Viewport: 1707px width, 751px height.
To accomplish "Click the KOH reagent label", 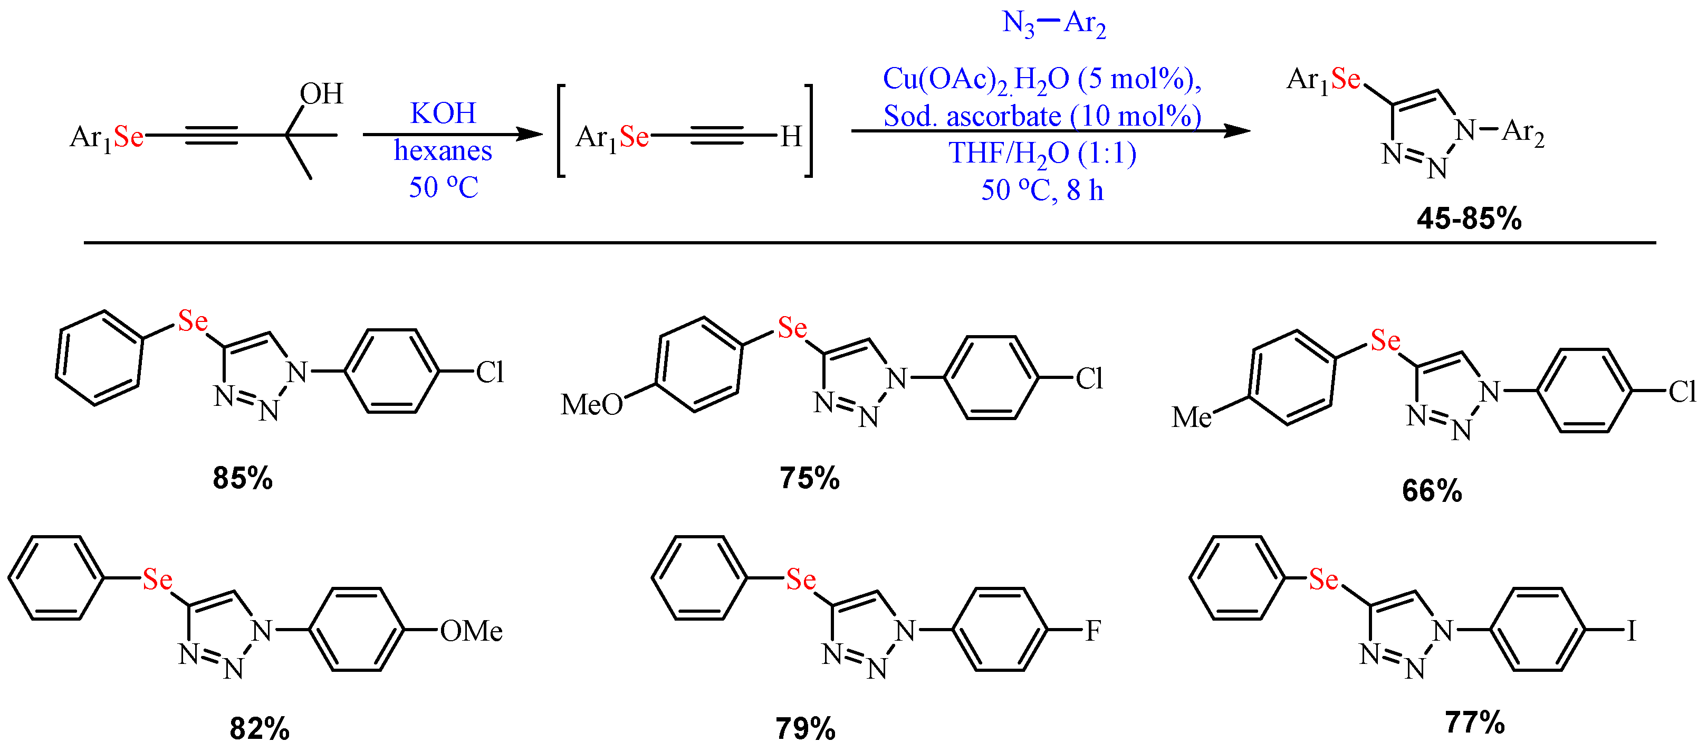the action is [x=443, y=113].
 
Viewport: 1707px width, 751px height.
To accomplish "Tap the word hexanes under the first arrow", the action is [x=443, y=151].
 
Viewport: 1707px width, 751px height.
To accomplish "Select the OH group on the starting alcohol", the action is [x=321, y=93].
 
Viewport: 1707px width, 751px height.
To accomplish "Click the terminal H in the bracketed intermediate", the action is [x=791, y=137].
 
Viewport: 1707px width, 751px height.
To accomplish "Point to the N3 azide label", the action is [x=1018, y=24].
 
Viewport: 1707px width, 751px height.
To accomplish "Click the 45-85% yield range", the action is [x=1469, y=218].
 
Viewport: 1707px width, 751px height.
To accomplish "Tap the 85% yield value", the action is [x=243, y=478].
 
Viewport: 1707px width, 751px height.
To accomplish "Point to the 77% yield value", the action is [x=1474, y=723].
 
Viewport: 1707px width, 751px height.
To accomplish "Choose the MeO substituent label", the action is [x=592, y=404].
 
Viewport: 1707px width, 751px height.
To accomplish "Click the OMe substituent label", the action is [x=471, y=631].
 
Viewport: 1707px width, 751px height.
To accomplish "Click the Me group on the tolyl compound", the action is [x=1192, y=417].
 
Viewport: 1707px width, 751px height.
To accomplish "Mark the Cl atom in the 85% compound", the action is [x=490, y=373].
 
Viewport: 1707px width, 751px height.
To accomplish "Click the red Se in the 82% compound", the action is [x=158, y=580].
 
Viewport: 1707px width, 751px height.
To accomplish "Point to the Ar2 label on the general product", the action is [x=1523, y=132].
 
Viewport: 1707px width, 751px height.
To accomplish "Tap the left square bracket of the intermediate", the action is [x=561, y=130].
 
